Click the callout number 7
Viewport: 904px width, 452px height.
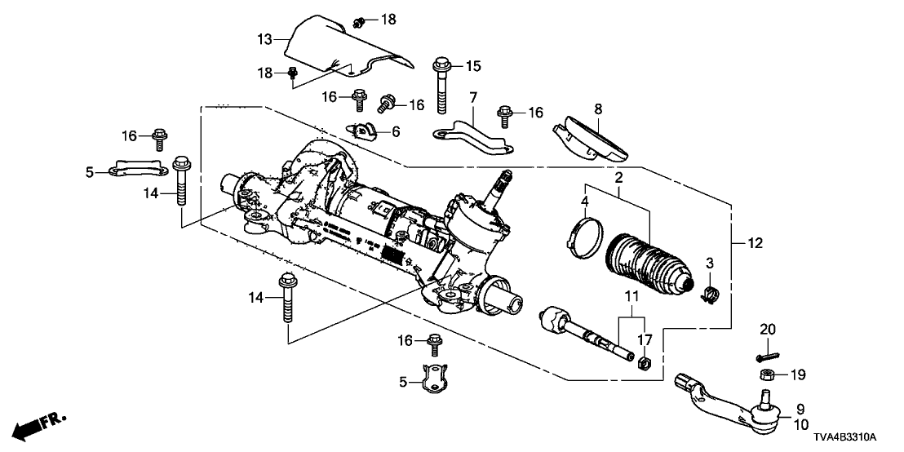(x=472, y=99)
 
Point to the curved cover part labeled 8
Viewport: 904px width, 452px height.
(x=592, y=138)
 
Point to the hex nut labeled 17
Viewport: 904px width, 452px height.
(x=641, y=361)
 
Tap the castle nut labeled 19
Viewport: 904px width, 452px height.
(x=767, y=375)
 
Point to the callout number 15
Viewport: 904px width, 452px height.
(x=474, y=64)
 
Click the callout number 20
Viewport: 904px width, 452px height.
(x=766, y=329)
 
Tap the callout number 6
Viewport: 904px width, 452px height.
(x=397, y=131)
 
